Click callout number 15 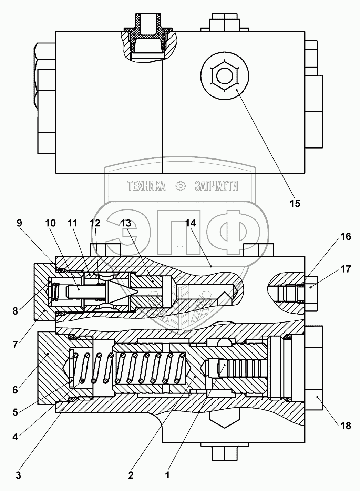point(295,203)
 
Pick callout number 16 point(346,236)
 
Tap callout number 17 point(346,269)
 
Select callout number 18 point(346,426)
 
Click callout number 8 point(15,311)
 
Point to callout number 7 point(15,345)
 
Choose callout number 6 point(15,390)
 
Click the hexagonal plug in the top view point(225,75)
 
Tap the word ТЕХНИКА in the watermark point(146,186)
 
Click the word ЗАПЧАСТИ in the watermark point(216,186)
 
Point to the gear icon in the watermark point(181,186)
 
